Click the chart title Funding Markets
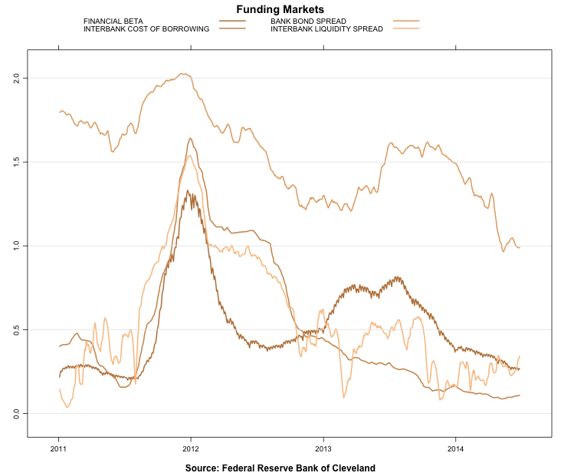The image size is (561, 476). [x=280, y=9]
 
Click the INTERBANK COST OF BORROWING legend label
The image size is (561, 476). [x=146, y=28]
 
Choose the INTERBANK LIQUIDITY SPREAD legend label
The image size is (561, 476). [x=326, y=28]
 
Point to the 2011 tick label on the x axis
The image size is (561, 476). [x=58, y=448]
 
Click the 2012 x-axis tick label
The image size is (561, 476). [x=191, y=448]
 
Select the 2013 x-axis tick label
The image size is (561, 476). [x=323, y=448]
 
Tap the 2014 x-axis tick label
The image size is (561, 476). [x=456, y=448]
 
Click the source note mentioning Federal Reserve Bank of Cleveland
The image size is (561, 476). [x=280, y=468]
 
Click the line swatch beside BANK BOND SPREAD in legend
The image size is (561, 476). [x=406, y=21]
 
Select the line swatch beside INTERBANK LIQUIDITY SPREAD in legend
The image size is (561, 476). [x=406, y=28]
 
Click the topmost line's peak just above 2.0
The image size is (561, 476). [x=182, y=74]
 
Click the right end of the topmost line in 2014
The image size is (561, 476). [x=519, y=247]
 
